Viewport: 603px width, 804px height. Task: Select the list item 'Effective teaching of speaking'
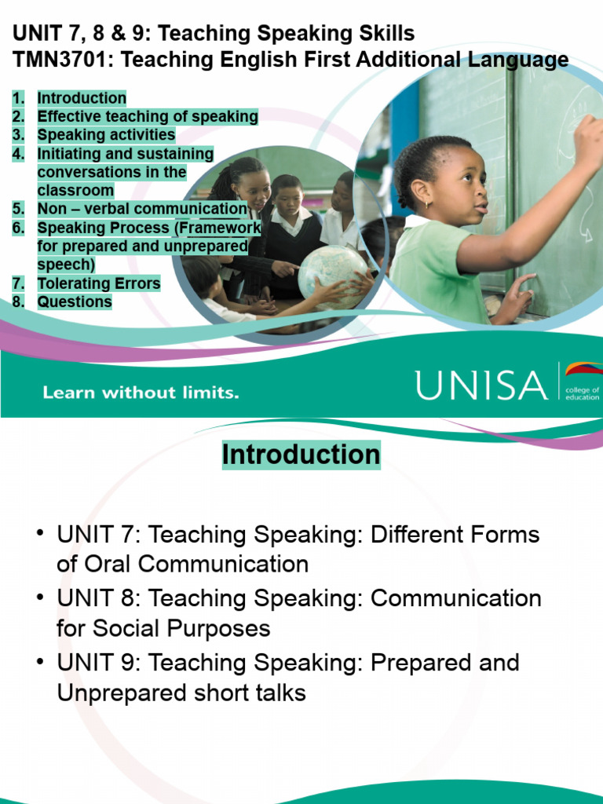pyautogui.click(x=148, y=117)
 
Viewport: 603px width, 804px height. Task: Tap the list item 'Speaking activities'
pyautogui.click(x=106, y=135)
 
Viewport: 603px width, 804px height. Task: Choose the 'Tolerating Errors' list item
pyautogui.click(x=99, y=283)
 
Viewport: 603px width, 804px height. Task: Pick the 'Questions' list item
pyautogui.click(x=75, y=301)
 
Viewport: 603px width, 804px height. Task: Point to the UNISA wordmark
pyautogui.click(x=481, y=385)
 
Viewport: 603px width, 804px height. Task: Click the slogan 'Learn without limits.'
pyautogui.click(x=141, y=392)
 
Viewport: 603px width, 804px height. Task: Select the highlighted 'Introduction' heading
pyautogui.click(x=301, y=455)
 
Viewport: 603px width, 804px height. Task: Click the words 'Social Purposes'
pyautogui.click(x=181, y=628)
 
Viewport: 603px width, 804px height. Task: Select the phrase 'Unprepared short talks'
pyautogui.click(x=181, y=693)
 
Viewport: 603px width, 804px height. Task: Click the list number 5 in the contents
pyautogui.click(x=18, y=209)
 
